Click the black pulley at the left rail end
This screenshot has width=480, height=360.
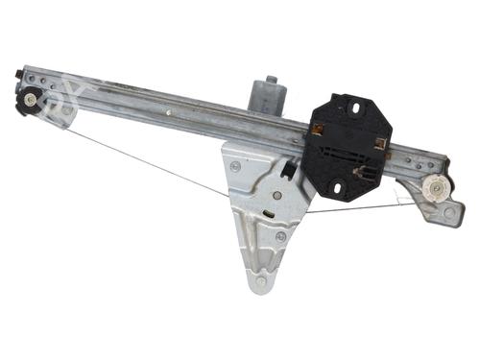[x=29, y=99]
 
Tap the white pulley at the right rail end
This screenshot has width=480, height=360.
[x=438, y=188]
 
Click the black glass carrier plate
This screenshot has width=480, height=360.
[x=348, y=145]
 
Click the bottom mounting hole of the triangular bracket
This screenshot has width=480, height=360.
[x=260, y=282]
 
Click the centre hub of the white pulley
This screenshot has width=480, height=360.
[x=438, y=188]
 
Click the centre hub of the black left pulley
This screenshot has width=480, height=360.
[x=32, y=98]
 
